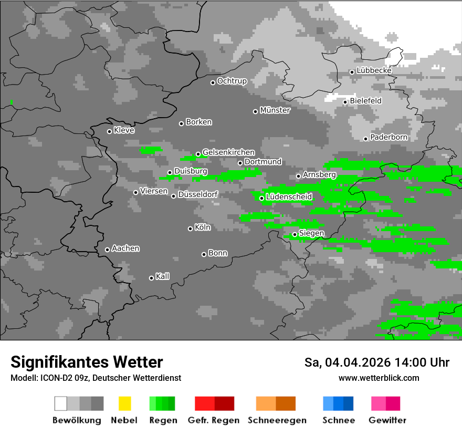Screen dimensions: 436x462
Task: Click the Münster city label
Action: point(275,110)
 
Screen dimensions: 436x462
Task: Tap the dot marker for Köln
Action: point(190,229)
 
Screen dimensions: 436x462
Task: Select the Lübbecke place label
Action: point(374,70)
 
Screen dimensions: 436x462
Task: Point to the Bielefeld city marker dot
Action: point(345,102)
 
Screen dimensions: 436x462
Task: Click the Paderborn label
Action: point(389,137)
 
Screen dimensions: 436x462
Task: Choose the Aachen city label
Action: point(125,248)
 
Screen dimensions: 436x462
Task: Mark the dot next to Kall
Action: point(151,278)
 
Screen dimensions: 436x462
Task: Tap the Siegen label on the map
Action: point(311,233)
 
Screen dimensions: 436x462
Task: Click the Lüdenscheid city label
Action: point(289,197)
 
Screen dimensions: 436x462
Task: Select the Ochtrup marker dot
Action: point(213,82)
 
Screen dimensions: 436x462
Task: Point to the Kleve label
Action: point(124,130)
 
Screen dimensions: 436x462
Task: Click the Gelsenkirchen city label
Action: point(228,152)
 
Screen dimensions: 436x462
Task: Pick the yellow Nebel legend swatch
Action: point(124,403)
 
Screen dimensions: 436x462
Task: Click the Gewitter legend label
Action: point(387,420)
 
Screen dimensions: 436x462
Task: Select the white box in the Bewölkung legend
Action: point(61,403)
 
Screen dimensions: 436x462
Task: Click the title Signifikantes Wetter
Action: point(87,362)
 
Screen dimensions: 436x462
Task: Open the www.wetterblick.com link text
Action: point(379,378)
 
